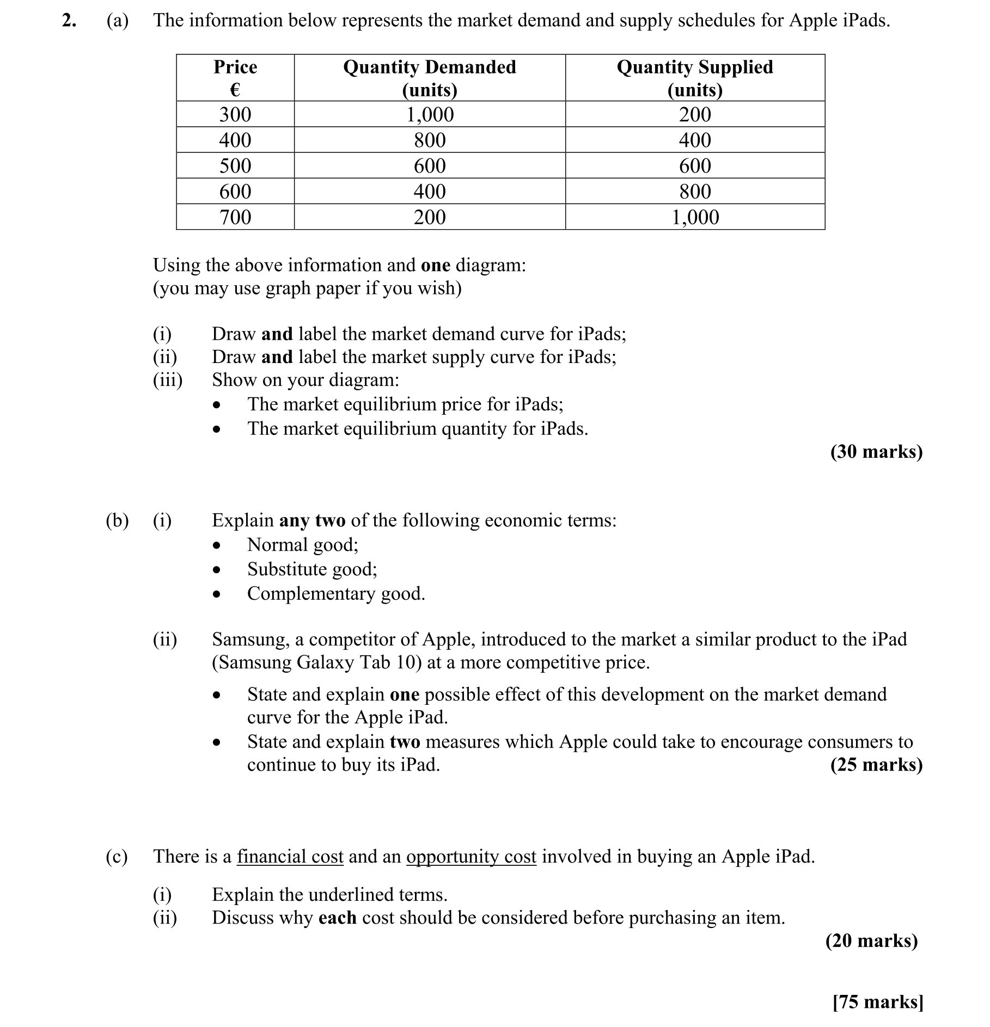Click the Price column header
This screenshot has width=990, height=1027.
[x=235, y=77]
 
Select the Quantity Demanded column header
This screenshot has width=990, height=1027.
[x=429, y=77]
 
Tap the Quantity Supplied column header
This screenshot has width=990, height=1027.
[x=694, y=77]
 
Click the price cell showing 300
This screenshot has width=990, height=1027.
[x=235, y=114]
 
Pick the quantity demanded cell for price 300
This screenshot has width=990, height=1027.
[x=430, y=114]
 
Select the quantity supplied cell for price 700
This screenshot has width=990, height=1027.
[x=695, y=217]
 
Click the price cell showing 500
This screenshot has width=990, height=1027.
[x=235, y=165]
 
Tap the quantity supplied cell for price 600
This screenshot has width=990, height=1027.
[x=695, y=192]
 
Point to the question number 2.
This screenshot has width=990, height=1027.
[x=69, y=21]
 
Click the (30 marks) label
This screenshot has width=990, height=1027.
[x=876, y=451]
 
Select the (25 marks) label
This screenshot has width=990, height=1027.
[x=876, y=765]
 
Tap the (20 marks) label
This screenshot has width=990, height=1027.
[x=871, y=940]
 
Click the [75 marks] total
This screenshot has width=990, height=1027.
[x=877, y=1001]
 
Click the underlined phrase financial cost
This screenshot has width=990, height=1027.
[x=290, y=857]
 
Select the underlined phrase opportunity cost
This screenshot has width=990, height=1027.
[x=471, y=857]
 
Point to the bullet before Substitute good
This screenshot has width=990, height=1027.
[x=217, y=570]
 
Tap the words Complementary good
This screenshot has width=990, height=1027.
[x=335, y=593]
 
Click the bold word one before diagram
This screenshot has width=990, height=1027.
[x=435, y=265]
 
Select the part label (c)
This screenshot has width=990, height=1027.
[x=117, y=857]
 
